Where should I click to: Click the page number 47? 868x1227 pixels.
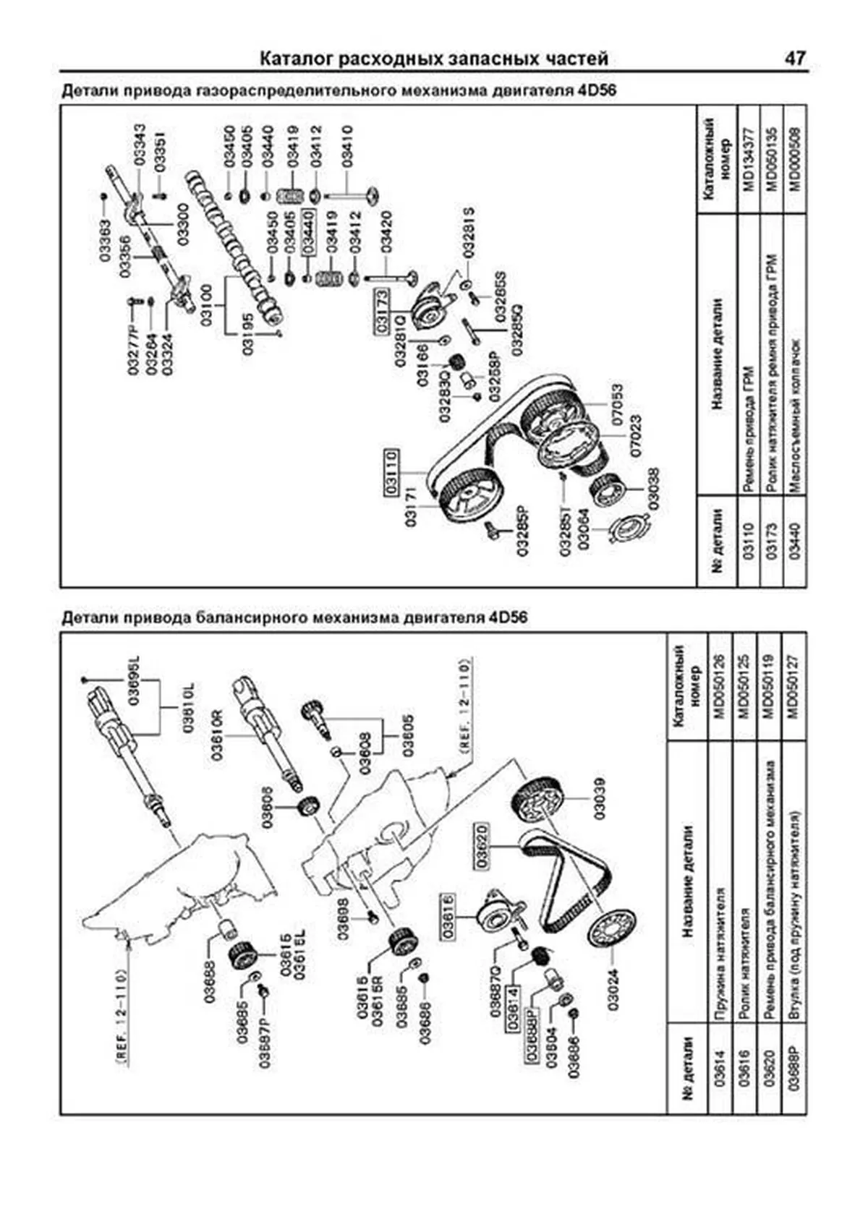[793, 58]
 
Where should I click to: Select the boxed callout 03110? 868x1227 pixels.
[391, 471]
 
